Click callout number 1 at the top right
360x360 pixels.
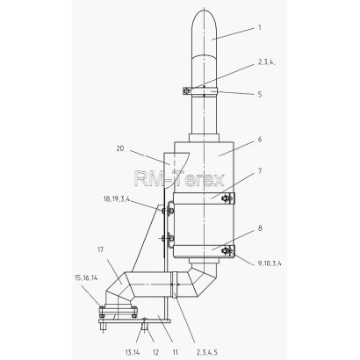point(260,28)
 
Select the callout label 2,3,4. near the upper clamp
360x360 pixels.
point(267,62)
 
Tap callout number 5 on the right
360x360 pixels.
point(260,94)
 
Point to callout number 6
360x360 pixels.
point(260,139)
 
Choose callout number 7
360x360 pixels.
point(260,170)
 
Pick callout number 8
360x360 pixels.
point(260,228)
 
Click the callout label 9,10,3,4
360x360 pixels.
point(270,263)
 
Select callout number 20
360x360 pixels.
point(120,148)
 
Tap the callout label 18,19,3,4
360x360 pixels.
point(117,199)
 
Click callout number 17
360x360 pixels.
point(101,249)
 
